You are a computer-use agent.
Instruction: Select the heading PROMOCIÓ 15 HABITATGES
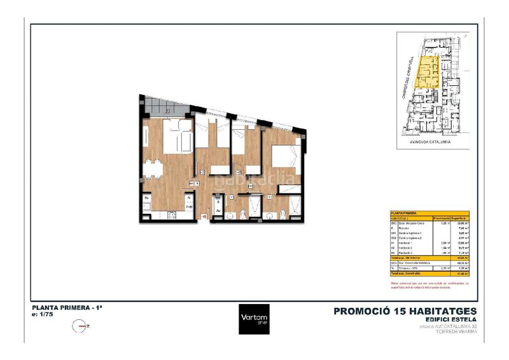point(405,311)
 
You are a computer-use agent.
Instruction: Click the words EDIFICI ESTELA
point(445,320)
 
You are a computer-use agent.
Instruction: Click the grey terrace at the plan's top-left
point(164,106)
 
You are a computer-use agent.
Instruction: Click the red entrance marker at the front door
point(204,216)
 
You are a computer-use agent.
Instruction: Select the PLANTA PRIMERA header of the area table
point(404,213)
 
